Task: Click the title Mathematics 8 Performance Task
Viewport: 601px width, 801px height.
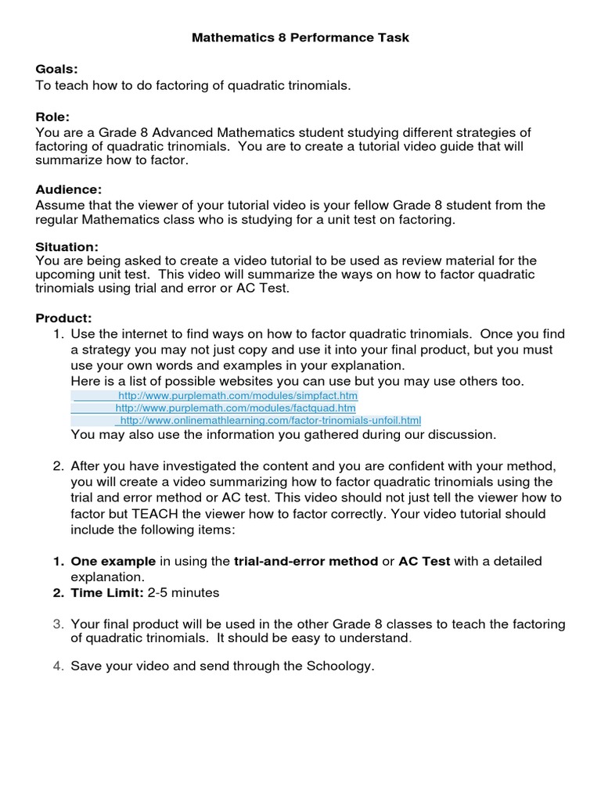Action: tap(300, 37)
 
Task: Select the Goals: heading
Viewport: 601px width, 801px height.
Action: tap(56, 70)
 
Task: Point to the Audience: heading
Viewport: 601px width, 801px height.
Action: tap(69, 189)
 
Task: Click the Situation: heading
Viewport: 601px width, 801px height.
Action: tap(67, 246)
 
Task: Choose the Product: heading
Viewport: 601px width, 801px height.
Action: tap(63, 318)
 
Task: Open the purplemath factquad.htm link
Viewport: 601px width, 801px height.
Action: tap(236, 408)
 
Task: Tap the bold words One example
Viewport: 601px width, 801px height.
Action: tap(113, 561)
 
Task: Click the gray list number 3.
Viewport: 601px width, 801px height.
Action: tap(57, 623)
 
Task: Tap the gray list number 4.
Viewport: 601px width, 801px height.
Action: tap(57, 666)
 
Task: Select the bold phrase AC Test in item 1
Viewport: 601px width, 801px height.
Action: tap(424, 561)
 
